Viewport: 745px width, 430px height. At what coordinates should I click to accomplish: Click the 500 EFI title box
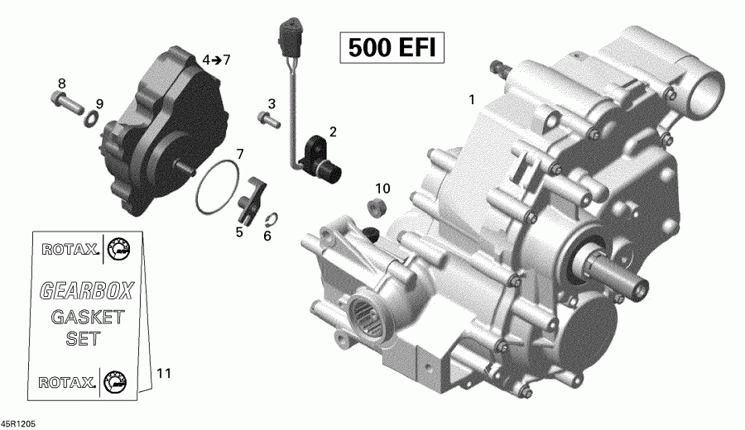pos(391,49)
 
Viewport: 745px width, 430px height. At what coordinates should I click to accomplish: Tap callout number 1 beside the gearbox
pos(472,100)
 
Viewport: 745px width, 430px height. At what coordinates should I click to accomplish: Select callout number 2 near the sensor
pos(333,131)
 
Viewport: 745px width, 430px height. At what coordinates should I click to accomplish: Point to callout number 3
pos(270,103)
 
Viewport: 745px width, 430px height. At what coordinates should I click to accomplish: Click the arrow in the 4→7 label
pos(215,60)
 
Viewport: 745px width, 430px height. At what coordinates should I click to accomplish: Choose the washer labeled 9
pos(92,123)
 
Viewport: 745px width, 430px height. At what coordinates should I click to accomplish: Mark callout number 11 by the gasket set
pos(163,374)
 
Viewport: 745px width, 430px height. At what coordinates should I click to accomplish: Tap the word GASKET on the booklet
pos(87,317)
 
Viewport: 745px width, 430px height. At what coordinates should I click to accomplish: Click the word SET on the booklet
pos(84,338)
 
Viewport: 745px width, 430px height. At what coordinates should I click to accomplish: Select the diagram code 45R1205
pos(18,423)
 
